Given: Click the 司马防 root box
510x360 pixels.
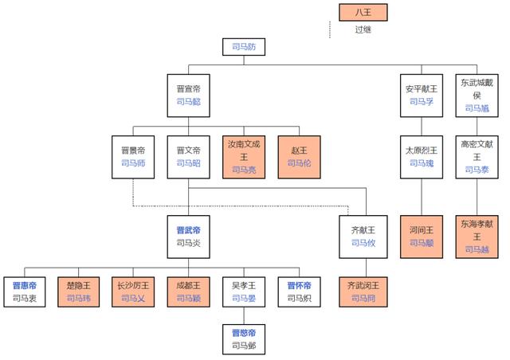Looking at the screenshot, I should pyautogui.click(x=244, y=47).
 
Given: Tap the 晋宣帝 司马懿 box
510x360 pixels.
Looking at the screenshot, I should pyautogui.click(x=189, y=94).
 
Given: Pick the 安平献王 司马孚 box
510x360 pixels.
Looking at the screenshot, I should pyautogui.click(x=420, y=94).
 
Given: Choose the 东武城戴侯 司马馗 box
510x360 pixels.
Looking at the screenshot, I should pyautogui.click(x=477, y=94).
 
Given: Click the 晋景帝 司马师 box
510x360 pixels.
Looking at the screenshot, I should pyautogui.click(x=133, y=155).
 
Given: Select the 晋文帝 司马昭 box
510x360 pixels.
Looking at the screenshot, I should pyautogui.click(x=189, y=155).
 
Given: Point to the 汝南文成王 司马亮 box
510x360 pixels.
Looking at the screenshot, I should pyautogui.click(x=244, y=155).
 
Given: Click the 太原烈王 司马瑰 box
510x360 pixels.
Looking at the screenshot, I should pyautogui.click(x=420, y=155).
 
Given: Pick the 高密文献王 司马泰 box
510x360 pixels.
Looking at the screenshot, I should pyautogui.click(x=477, y=155).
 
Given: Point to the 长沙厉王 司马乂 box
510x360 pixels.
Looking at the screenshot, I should pyautogui.click(x=133, y=292).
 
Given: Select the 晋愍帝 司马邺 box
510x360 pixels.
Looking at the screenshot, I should pyautogui.click(x=244, y=338).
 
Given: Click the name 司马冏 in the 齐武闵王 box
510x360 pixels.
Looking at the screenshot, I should pyautogui.click(x=363, y=299).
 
